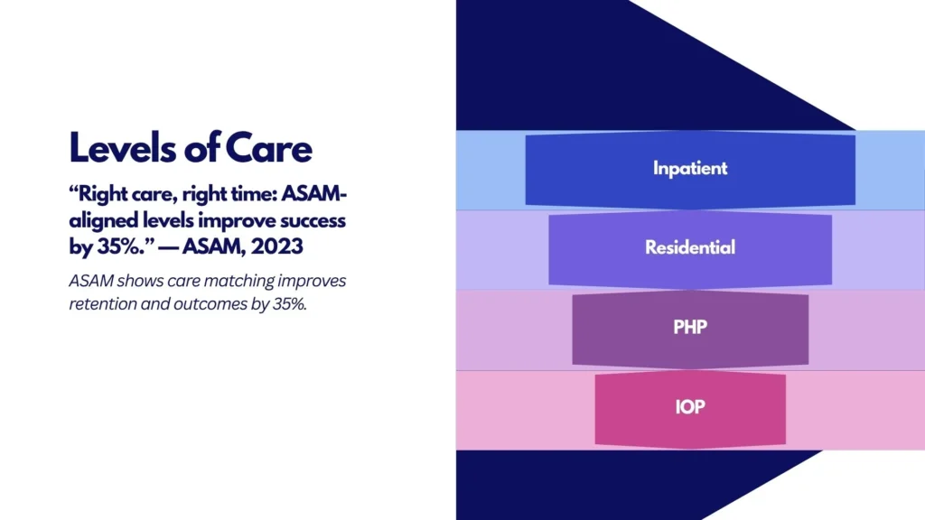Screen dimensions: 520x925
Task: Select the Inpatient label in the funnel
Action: click(690, 168)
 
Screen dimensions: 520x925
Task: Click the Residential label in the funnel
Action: click(690, 247)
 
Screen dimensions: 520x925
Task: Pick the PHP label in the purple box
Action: click(690, 327)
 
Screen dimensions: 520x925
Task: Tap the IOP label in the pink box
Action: click(690, 406)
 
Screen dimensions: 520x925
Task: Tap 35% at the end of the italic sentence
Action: click(289, 304)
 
